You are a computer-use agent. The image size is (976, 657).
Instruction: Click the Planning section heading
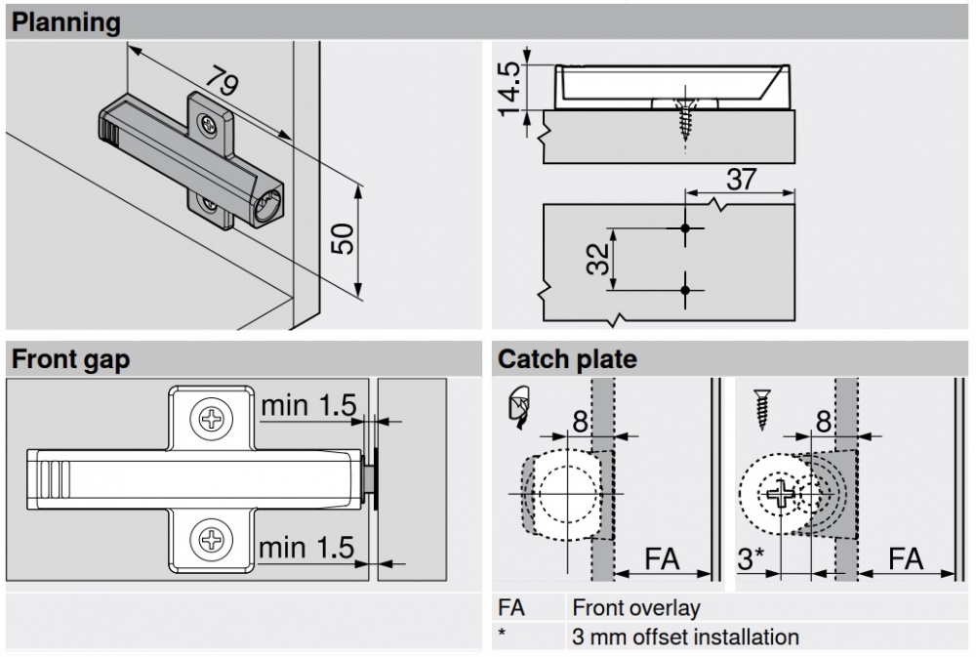66,21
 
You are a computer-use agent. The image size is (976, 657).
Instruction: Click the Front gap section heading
70,359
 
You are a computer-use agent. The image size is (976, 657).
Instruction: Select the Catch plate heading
567,359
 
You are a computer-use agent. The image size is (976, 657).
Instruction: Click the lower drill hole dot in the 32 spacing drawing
685,289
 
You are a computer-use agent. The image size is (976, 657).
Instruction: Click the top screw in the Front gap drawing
211,421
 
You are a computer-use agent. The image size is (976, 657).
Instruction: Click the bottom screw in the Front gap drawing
211,536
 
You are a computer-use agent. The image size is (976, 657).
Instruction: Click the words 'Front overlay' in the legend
636,608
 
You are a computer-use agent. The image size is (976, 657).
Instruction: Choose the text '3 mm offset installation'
685,637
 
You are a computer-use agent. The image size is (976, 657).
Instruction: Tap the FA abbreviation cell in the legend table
511,608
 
